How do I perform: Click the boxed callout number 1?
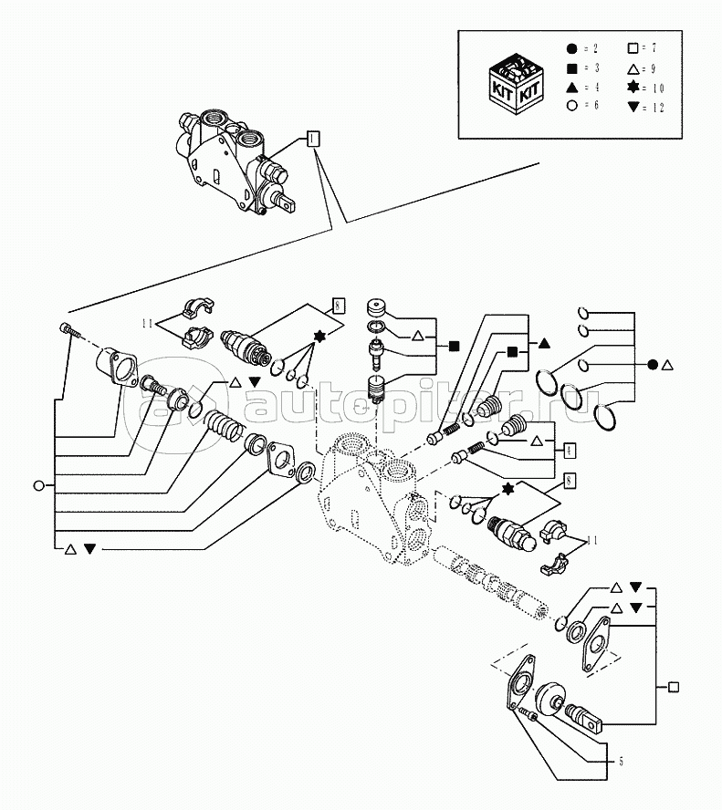coord(312,139)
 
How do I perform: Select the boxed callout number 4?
coord(569,450)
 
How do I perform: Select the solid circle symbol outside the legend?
coord(652,365)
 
